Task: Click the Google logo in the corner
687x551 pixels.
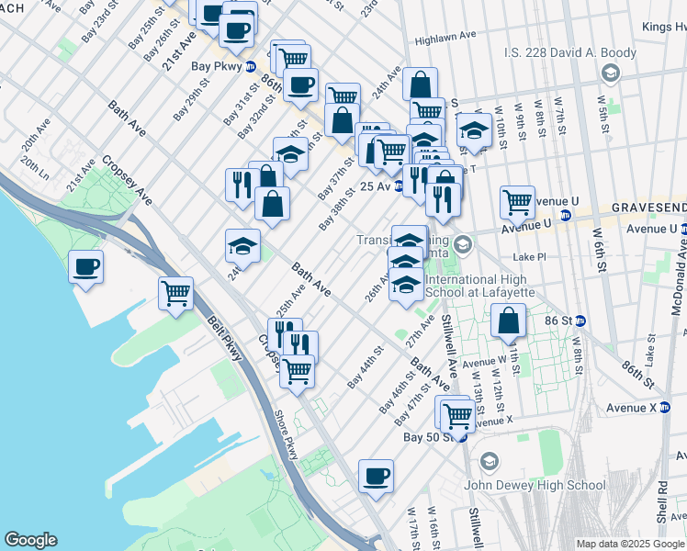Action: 30,540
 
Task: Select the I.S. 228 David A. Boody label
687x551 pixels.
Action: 569,52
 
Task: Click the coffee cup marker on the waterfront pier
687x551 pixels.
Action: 85,268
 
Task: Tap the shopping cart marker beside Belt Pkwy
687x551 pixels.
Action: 175,295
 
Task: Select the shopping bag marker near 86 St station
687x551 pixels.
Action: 508,322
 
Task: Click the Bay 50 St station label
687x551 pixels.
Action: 429,436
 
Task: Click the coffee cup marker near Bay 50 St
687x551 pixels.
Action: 376,478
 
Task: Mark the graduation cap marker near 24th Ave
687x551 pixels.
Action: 243,247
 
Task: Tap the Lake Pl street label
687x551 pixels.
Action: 530,258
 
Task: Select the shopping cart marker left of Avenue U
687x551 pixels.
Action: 517,202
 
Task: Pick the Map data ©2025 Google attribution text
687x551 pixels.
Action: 629,544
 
